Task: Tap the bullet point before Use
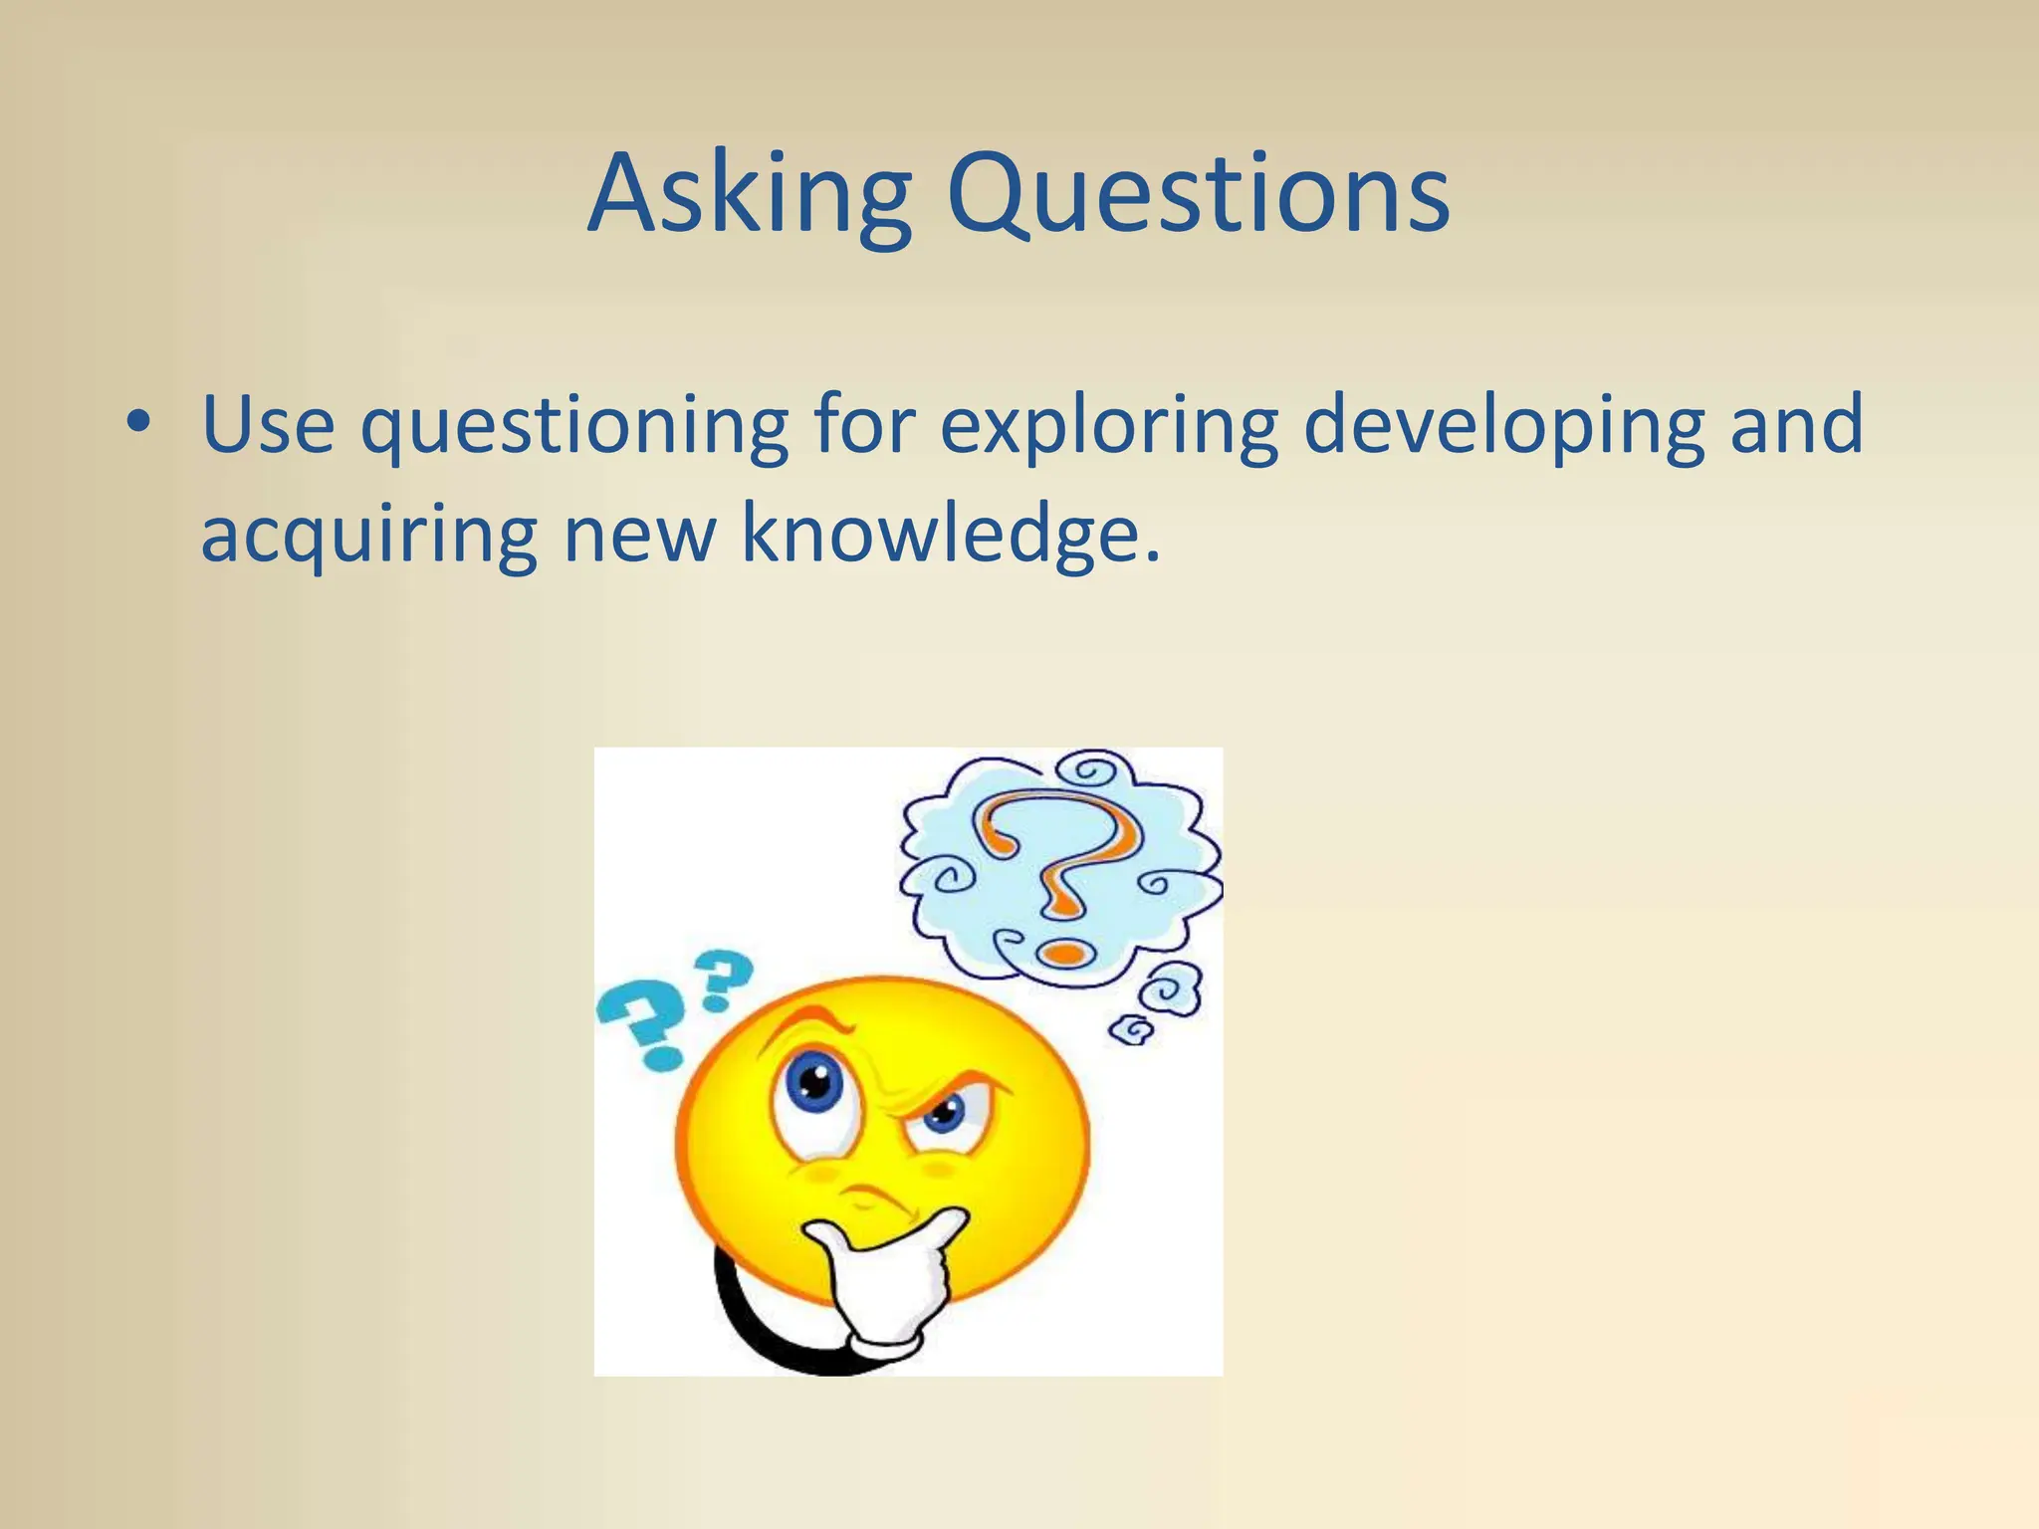pos(139,423)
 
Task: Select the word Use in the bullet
pos(268,425)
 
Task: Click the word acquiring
pos(369,538)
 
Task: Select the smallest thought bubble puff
pos(1132,1029)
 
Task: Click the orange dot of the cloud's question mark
pos(1064,954)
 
